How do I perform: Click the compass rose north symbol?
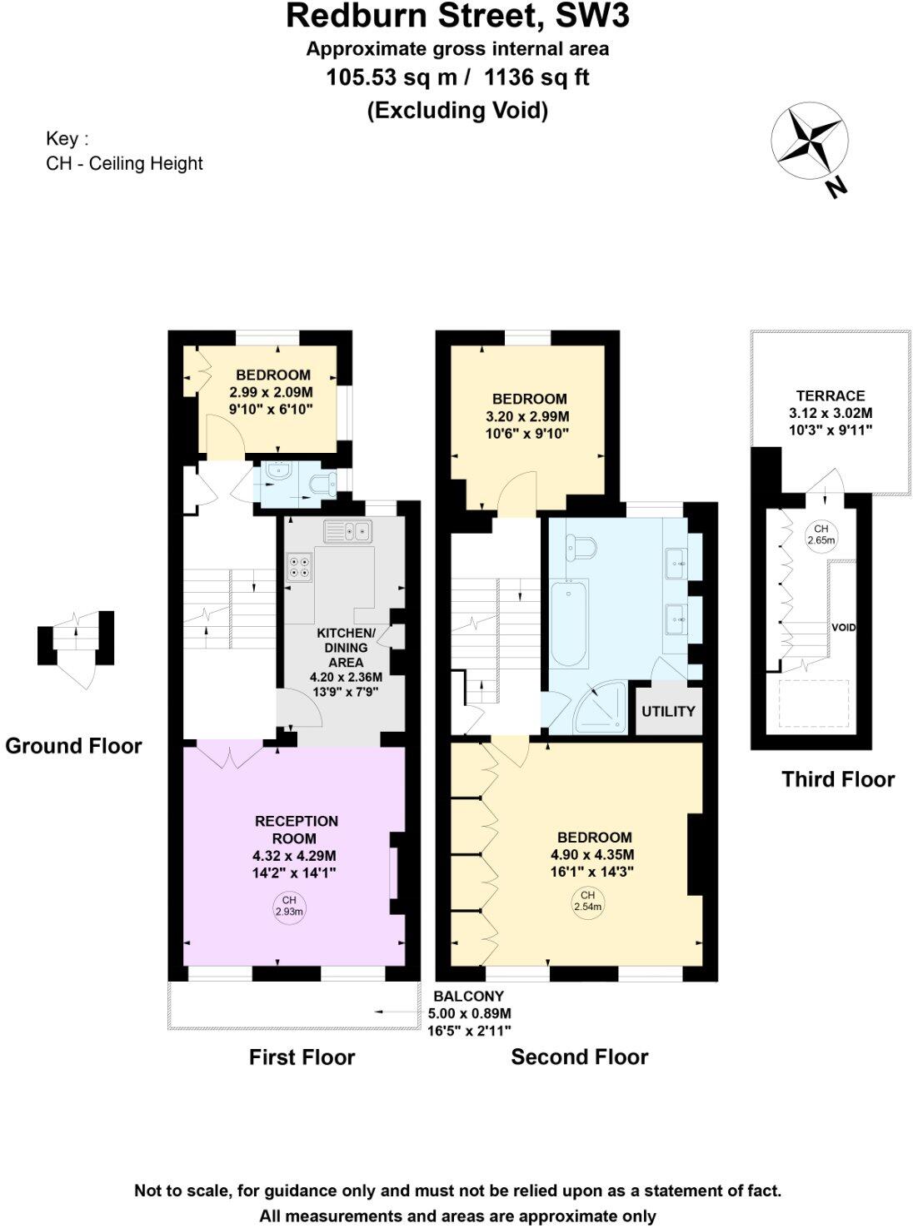click(809, 138)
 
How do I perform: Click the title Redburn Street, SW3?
click(457, 17)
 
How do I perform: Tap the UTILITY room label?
click(668, 711)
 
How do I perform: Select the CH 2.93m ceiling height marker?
click(289, 906)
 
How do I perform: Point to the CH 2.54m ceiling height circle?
click(587, 901)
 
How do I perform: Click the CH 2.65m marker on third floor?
click(821, 534)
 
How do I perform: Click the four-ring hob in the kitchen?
click(300, 567)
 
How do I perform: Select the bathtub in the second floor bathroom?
click(569, 622)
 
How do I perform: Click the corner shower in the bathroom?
click(598, 708)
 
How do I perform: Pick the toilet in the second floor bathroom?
click(581, 546)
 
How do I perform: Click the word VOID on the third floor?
click(844, 627)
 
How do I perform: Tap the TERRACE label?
click(830, 395)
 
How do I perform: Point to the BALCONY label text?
click(469, 996)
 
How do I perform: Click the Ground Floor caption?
click(73, 746)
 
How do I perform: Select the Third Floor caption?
click(837, 779)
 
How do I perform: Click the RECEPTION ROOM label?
click(296, 829)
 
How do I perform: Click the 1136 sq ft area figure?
click(536, 77)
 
